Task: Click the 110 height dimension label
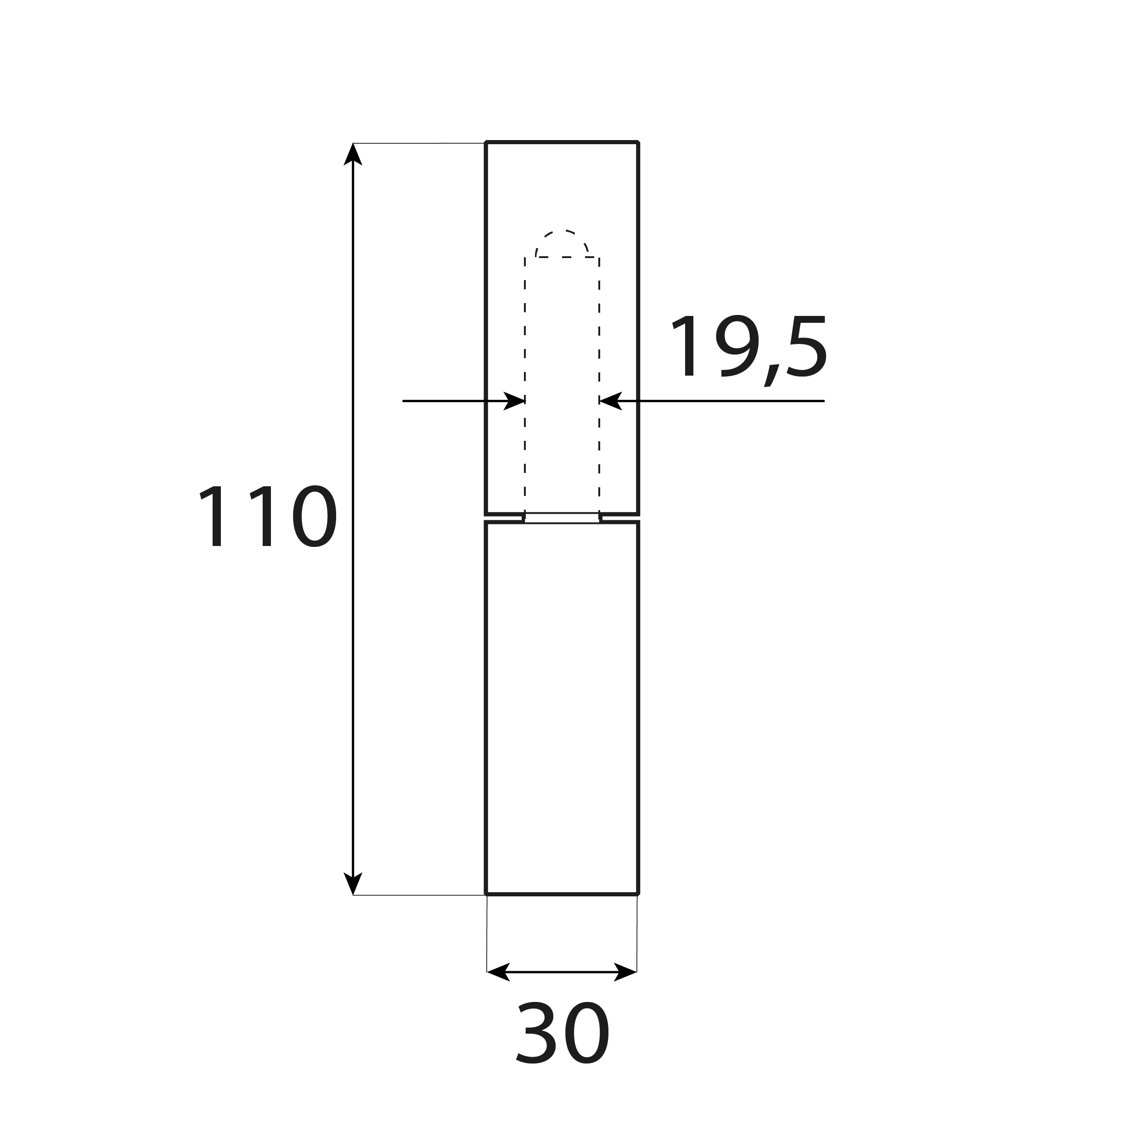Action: pos(267,516)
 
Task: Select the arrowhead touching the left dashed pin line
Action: pos(515,401)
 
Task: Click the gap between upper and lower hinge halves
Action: pos(562,518)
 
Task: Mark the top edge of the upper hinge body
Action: pos(562,143)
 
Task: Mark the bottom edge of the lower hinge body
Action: pos(562,894)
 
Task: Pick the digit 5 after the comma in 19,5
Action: pos(807,346)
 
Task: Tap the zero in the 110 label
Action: pos(315,516)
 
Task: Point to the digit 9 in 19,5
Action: pos(737,346)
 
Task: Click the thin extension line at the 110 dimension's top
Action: pos(419,143)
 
